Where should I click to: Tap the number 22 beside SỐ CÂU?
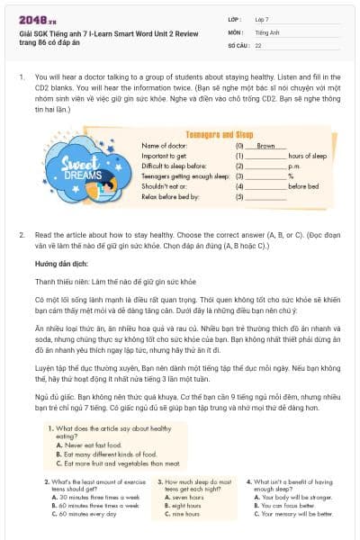coord(258,44)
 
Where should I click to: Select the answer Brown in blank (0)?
coord(265,145)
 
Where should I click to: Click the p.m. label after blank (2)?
coord(293,165)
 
